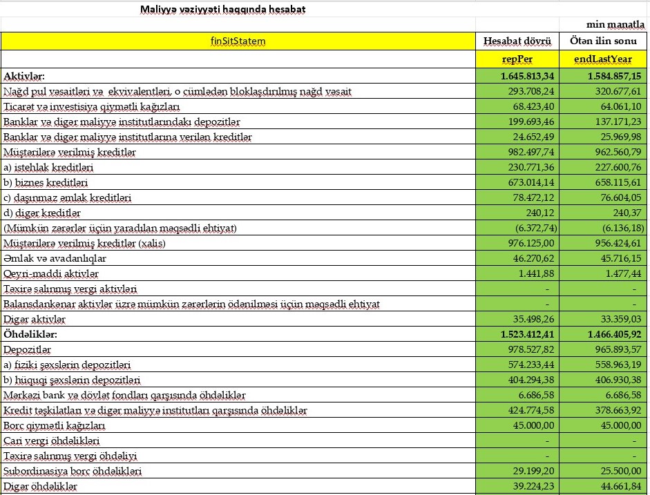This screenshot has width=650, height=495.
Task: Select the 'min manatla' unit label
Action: click(x=615, y=25)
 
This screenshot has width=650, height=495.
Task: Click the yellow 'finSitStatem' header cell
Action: click(x=238, y=41)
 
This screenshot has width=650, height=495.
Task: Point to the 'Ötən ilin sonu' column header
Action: click(x=603, y=41)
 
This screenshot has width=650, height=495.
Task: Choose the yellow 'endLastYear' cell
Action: click(x=603, y=59)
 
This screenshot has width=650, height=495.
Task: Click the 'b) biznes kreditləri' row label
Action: click(x=48, y=183)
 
